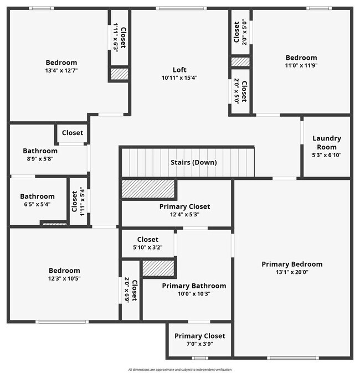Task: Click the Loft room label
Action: (179, 70)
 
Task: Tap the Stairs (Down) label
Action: (193, 163)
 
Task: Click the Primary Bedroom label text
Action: (292, 264)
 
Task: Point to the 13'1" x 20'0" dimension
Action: (292, 272)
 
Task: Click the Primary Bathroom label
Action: (194, 286)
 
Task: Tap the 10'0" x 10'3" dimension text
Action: (194, 293)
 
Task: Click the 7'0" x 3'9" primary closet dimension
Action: (199, 344)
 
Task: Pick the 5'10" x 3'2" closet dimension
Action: (147, 247)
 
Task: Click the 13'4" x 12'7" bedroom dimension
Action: (61, 70)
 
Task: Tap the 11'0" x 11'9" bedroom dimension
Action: (301, 65)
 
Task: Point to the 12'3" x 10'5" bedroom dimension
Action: (64, 278)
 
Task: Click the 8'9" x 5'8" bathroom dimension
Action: (40, 159)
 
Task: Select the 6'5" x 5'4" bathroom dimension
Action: (37, 204)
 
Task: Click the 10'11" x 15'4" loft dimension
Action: (179, 77)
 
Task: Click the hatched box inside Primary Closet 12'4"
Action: (148, 189)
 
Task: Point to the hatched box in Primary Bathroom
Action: (159, 268)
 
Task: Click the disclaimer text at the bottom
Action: (180, 369)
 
